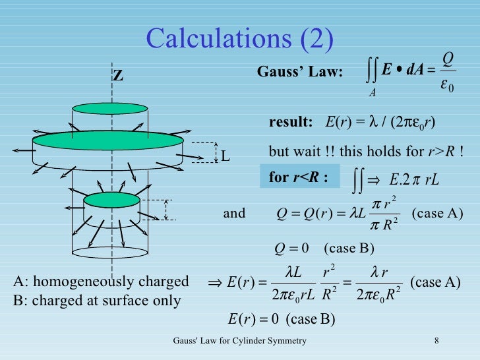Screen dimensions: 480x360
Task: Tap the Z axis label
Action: click(118, 76)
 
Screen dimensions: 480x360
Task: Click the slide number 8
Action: click(437, 340)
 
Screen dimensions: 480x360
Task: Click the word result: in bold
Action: click(291, 123)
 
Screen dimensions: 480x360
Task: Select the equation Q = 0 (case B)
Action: click(324, 248)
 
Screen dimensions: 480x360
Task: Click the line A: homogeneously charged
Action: click(101, 282)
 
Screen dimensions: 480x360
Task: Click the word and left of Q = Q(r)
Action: click(234, 213)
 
